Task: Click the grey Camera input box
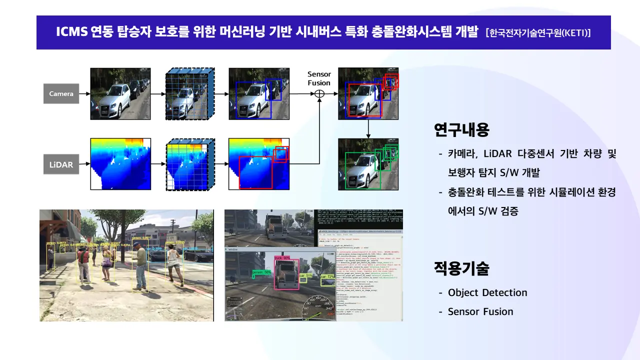point(61,93)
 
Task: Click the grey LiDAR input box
point(61,164)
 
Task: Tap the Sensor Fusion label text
point(319,78)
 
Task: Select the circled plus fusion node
point(319,93)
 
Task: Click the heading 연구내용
point(461,130)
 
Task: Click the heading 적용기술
point(461,268)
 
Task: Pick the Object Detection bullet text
point(487,292)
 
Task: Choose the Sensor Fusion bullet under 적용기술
point(480,311)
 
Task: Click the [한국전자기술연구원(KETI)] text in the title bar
point(538,33)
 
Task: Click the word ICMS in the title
point(72,32)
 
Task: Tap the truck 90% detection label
point(282,258)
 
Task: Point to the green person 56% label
point(261,272)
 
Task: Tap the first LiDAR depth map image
point(120,164)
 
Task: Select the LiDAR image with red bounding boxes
point(259,164)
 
